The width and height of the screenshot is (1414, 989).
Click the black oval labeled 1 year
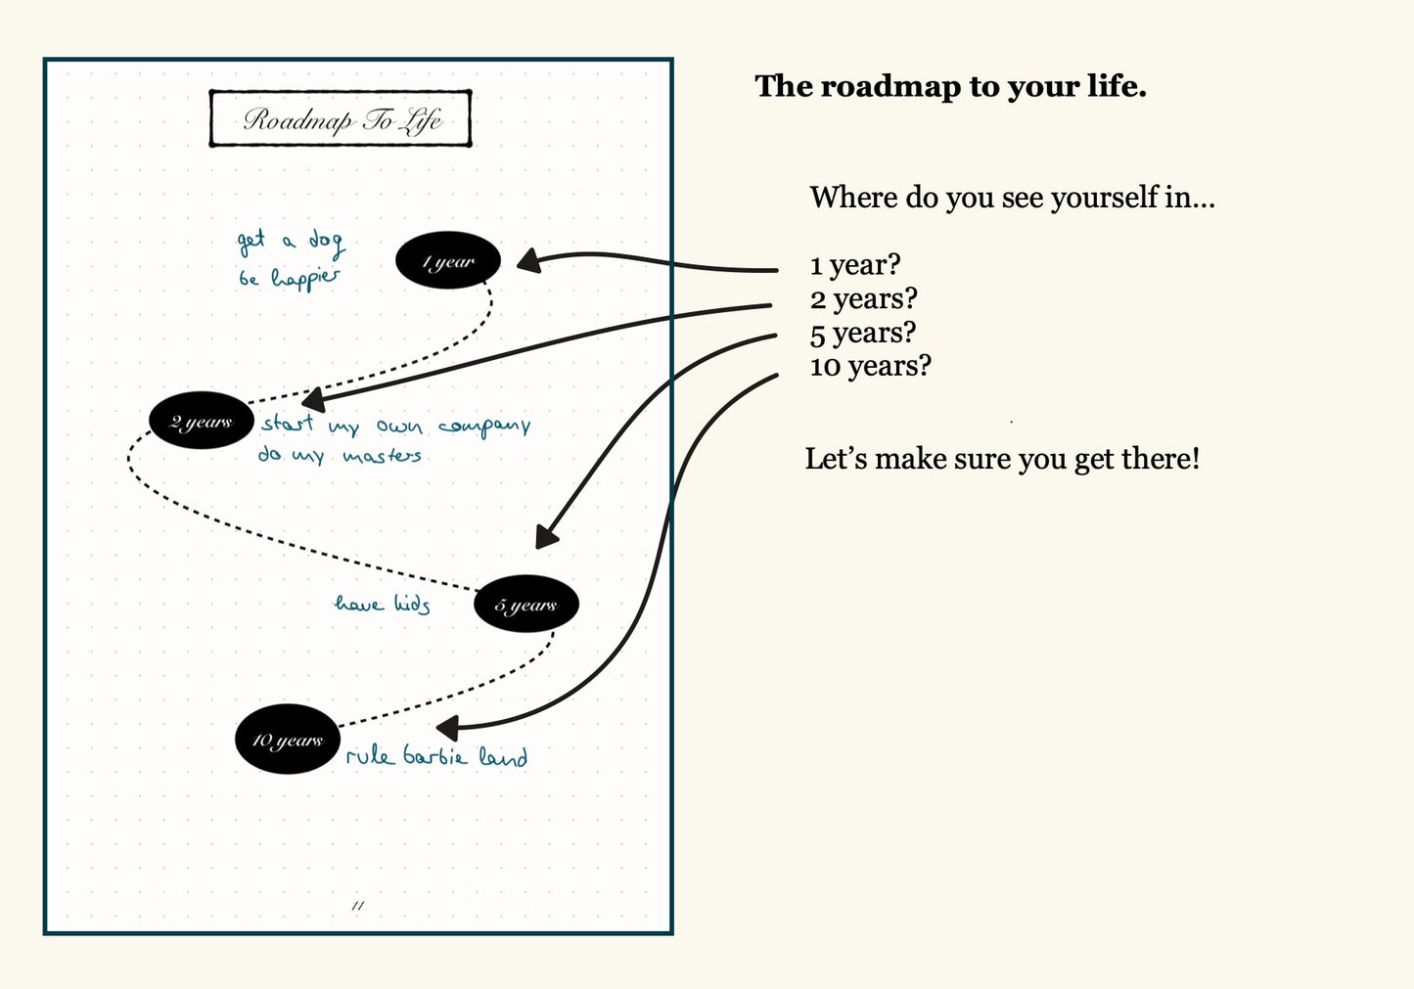pos(448,261)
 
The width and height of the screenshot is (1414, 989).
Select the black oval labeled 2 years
pos(201,422)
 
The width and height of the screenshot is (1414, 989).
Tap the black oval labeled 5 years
pos(526,605)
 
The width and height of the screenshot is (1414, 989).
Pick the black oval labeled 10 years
pos(287,740)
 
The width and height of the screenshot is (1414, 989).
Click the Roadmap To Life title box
pos(341,119)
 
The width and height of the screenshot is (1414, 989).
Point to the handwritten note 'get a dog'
pos(291,241)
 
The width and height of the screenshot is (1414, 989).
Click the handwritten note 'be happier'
pos(290,279)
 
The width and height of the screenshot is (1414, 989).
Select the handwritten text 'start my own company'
pos(395,426)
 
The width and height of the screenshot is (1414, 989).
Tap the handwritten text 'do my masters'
pos(340,456)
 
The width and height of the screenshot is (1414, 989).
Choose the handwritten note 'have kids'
pos(383,604)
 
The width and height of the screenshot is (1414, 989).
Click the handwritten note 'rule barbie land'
pos(436,756)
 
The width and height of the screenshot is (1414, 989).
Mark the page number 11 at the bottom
pos(358,906)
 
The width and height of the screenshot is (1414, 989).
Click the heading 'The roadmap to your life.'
pos(950,86)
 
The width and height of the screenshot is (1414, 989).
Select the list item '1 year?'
pos(854,265)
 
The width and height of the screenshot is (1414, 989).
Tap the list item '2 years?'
pos(863,298)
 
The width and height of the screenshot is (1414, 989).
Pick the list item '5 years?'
pos(862,333)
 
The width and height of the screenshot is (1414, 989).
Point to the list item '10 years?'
pos(870,366)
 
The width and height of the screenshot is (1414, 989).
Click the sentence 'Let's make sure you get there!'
pos(1002,459)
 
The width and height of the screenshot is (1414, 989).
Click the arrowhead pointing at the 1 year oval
pos(528,260)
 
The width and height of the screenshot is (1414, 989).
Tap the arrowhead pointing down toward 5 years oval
pos(546,536)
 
